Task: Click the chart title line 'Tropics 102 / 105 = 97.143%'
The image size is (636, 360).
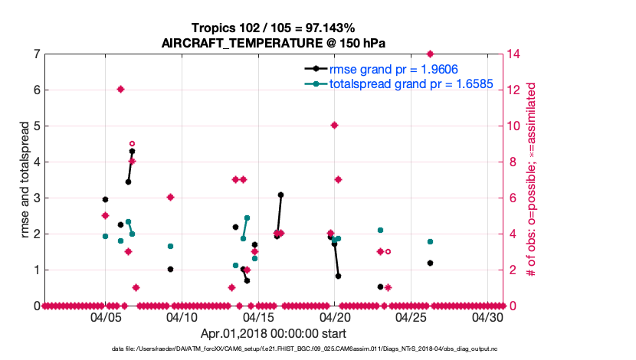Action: [274, 28]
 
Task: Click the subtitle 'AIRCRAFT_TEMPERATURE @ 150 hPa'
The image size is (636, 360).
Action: [274, 43]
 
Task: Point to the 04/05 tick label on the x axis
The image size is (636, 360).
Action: [106, 317]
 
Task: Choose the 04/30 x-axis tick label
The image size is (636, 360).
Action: [487, 317]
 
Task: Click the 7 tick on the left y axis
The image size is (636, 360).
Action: [37, 54]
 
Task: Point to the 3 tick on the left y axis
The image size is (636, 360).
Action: [37, 198]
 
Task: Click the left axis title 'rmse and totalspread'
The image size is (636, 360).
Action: [24, 179]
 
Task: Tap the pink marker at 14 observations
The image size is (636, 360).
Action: [430, 54]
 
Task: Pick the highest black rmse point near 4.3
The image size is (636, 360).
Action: [132, 152]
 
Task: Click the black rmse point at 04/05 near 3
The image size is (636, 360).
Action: [105, 199]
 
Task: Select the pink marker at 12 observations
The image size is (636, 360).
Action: [120, 90]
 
